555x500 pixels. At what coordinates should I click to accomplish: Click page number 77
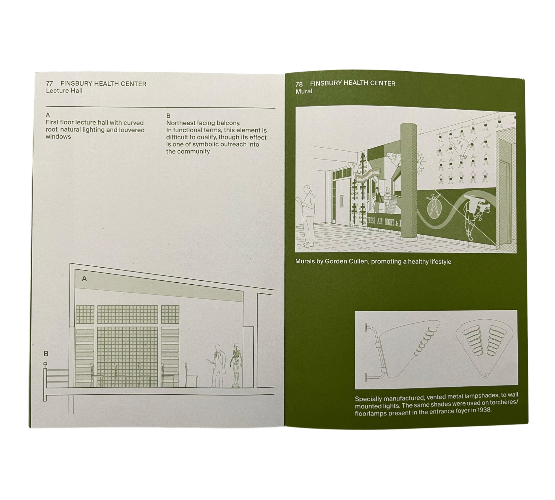(x=49, y=84)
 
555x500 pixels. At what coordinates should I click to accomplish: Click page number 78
(x=299, y=84)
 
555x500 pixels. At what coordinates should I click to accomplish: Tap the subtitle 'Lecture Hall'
(x=64, y=91)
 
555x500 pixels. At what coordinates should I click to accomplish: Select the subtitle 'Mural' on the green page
(x=304, y=91)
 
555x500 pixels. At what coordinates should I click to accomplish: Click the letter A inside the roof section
(x=84, y=278)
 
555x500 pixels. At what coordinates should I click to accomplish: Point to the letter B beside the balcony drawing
(x=46, y=354)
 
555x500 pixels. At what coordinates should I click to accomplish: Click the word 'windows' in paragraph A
(x=58, y=137)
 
